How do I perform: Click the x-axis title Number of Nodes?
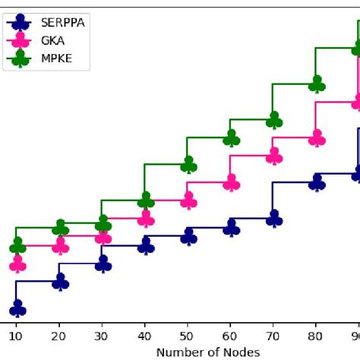pos(208,352)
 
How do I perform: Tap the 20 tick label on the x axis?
pos(60,333)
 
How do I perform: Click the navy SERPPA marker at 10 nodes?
pos(17,308)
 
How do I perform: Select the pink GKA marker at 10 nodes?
pos(17,264)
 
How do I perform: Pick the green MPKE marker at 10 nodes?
pos(17,246)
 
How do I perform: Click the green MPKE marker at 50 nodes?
pos(188,165)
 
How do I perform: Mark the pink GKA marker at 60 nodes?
pos(231,184)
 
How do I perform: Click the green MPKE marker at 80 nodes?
pos(317,84)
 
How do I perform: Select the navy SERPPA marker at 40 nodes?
pos(145,245)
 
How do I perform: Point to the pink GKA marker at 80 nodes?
pos(317,137)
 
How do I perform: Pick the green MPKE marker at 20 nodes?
pos(60,228)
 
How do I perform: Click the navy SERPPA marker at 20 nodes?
pos(60,283)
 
